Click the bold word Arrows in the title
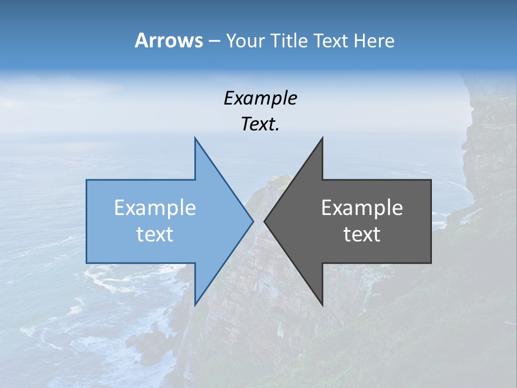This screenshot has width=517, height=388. pyautogui.click(x=169, y=40)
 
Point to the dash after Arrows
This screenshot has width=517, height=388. pyautogui.click(x=214, y=41)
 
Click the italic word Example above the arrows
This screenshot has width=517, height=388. pyautogui.click(x=261, y=99)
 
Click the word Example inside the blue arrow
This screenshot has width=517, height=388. pyautogui.click(x=155, y=208)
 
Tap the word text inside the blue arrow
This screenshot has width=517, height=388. pyautogui.click(x=155, y=234)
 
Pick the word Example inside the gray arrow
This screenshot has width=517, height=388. pyautogui.click(x=362, y=208)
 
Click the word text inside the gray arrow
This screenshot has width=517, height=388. pyautogui.click(x=362, y=234)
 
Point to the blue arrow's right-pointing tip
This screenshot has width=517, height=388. pyautogui.click(x=253, y=221)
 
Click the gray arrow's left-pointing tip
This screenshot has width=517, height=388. pyautogui.click(x=265, y=221)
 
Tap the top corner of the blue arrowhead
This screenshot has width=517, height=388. pyautogui.click(x=195, y=138)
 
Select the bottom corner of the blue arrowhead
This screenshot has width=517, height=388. pyautogui.click(x=195, y=304)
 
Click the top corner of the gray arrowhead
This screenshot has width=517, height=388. pyautogui.click(x=322, y=138)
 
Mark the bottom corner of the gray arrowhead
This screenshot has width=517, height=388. pyautogui.click(x=322, y=304)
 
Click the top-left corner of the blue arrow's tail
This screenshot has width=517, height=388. pyautogui.click(x=87, y=180)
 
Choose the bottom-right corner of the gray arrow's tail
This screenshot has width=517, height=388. pyautogui.click(x=431, y=262)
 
